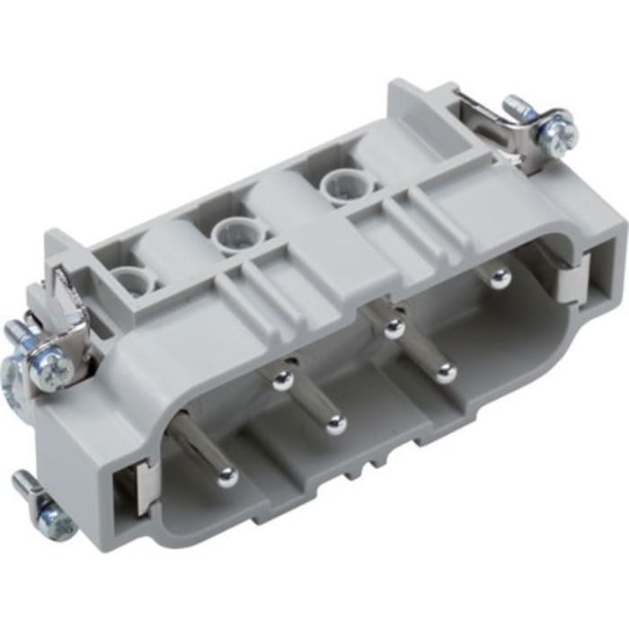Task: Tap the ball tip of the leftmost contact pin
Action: click(x=227, y=477)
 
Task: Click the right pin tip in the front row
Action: click(x=445, y=371)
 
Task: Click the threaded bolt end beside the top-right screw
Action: click(x=519, y=106)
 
